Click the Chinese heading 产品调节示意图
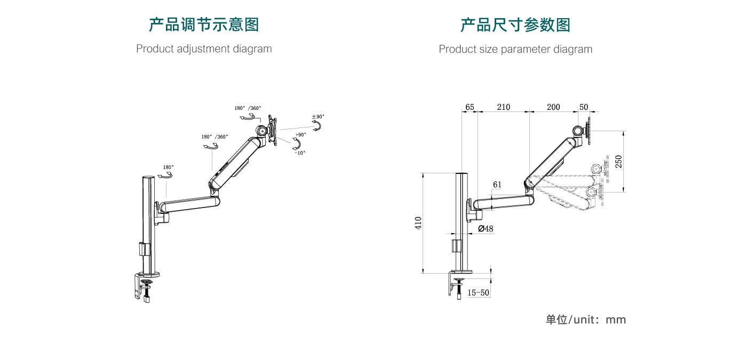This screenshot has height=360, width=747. (x=204, y=25)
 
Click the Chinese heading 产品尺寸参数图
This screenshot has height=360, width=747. (x=515, y=25)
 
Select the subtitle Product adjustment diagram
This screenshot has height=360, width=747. (x=204, y=49)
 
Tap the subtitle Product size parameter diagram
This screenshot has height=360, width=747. (x=515, y=50)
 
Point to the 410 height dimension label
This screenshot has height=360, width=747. (x=418, y=223)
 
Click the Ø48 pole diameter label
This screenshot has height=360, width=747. (x=486, y=229)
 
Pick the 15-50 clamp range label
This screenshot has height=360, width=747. (x=478, y=293)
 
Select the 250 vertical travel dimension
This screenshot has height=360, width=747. (x=619, y=161)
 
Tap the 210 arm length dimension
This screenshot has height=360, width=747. (x=503, y=107)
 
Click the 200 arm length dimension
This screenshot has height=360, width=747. (x=553, y=107)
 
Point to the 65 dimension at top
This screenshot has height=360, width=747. (x=470, y=107)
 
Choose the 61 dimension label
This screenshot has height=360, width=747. (x=497, y=185)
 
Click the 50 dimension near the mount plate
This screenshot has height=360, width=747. (x=584, y=107)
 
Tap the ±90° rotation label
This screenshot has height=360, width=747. (x=318, y=117)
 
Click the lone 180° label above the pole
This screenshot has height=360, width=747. (x=168, y=167)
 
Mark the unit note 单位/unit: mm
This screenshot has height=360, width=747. (x=585, y=320)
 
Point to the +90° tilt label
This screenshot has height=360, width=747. (x=300, y=135)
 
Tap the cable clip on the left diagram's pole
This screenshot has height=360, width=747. (x=142, y=249)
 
